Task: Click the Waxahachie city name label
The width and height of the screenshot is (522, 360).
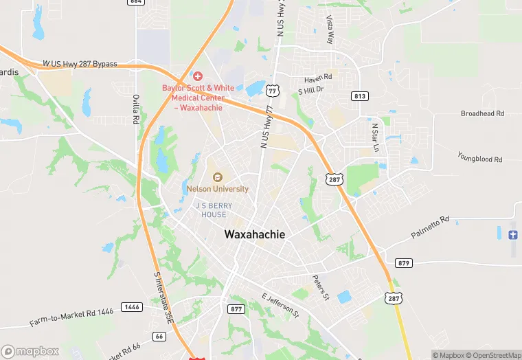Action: coord(254,234)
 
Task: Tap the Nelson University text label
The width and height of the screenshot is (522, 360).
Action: coord(218,189)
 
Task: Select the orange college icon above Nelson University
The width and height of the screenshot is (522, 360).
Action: coord(218,177)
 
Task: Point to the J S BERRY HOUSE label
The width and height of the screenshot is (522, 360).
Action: coord(214,210)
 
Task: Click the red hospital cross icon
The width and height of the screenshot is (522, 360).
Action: coord(198,76)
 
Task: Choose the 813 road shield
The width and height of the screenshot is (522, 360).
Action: coord(359,95)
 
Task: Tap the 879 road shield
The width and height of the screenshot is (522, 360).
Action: coord(404,263)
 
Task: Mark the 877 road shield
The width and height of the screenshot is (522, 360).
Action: coord(236,308)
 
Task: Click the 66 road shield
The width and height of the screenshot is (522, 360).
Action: coord(159,336)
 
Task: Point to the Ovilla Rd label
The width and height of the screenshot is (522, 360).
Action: coord(136,109)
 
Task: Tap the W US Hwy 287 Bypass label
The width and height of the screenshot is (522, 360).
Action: coord(80,64)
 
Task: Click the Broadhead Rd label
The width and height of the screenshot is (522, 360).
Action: coord(482,113)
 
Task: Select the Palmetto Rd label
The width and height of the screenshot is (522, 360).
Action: coord(430,227)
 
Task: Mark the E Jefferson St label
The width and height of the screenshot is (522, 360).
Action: coord(280,305)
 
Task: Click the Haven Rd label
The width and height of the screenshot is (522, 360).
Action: coord(318,77)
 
